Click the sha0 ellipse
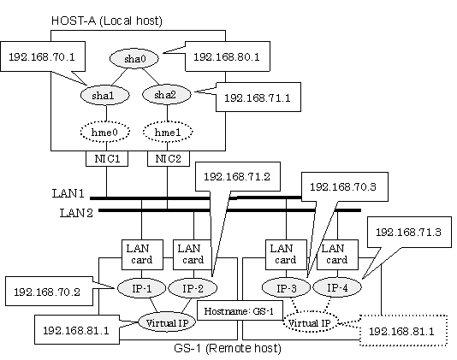134,58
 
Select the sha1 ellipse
104,95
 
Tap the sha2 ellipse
166,94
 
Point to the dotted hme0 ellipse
105,132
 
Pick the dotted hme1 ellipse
168,132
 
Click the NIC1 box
107,158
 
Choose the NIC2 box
169,158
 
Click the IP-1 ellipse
141,288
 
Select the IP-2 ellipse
193,288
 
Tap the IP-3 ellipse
286,287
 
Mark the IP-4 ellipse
337,287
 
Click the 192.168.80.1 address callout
228,56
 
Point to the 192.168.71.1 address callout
258,97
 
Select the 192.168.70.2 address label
49,292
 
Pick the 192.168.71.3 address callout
409,232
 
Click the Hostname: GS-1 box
240,311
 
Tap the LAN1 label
68,193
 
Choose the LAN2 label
76,213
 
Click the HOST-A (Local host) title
107,21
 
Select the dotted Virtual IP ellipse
309,322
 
